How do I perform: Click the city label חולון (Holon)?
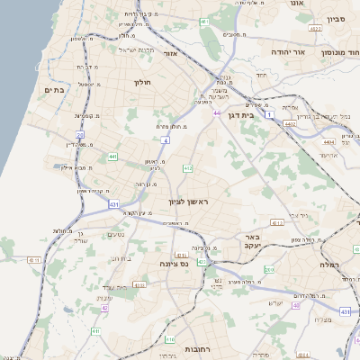(x=142, y=83)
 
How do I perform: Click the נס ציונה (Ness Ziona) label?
(x=171, y=265)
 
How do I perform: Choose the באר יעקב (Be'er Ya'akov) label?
(x=251, y=243)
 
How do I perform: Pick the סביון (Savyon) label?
(x=337, y=18)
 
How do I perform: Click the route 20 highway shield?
(x=79, y=136)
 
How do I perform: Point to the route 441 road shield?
(x=112, y=157)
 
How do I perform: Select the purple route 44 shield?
(x=217, y=112)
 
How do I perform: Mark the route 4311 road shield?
(x=34, y=259)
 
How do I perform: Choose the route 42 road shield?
(x=104, y=308)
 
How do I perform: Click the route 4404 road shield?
(x=328, y=141)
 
